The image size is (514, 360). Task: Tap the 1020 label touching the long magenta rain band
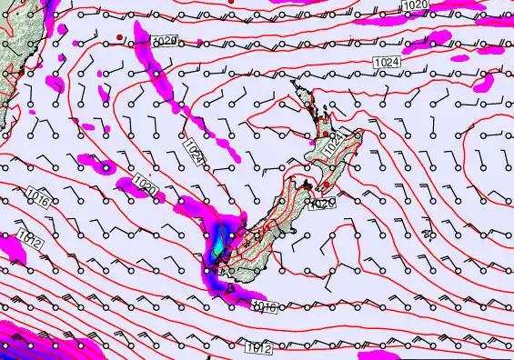165,42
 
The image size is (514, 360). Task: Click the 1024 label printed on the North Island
335,143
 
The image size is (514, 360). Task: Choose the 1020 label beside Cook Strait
323,205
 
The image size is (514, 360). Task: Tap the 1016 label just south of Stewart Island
263,307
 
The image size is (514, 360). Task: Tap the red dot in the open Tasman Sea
119,36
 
